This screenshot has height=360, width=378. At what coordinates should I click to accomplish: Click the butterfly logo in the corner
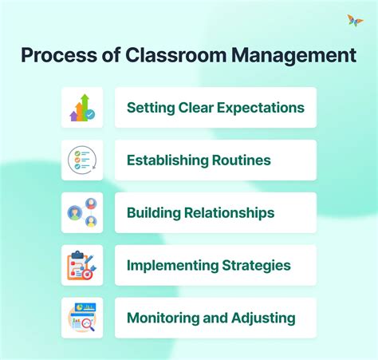coord(355,21)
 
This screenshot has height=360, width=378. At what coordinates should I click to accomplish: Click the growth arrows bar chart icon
coord(82,108)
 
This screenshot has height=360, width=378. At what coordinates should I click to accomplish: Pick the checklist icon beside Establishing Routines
coord(82,160)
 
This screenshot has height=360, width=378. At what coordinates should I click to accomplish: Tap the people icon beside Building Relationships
coord(82,212)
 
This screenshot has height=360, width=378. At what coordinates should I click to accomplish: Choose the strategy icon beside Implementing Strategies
coord(82,265)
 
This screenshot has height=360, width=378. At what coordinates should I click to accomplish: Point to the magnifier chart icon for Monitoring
coord(82,318)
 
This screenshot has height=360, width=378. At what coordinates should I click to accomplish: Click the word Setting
coord(149,108)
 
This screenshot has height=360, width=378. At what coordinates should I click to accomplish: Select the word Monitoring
coord(161,318)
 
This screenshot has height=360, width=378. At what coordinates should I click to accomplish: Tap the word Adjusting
coord(260,318)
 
